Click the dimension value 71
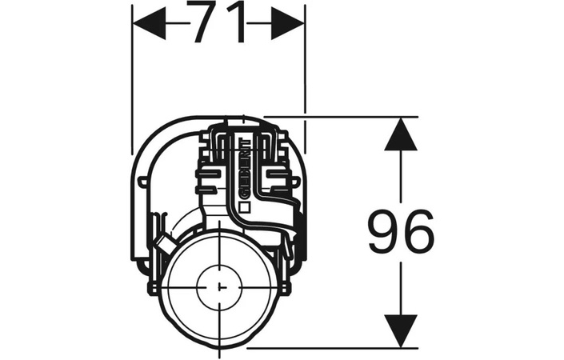click(x=218, y=23)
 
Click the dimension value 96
click(x=401, y=233)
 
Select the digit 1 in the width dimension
click(x=238, y=23)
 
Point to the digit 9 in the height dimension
click(x=384, y=233)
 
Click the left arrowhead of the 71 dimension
click(x=150, y=24)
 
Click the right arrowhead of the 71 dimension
click(x=287, y=24)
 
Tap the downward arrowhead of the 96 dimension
click(x=401, y=331)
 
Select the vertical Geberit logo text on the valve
click(x=244, y=168)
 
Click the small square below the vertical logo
click(x=245, y=208)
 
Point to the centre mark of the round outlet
click(x=219, y=287)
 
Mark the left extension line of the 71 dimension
click(x=132, y=79)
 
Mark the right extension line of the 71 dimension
click(x=305, y=79)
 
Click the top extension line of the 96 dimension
click(x=341, y=117)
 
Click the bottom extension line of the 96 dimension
click(x=333, y=348)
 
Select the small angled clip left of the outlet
click(x=164, y=243)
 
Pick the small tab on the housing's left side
click(x=142, y=181)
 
